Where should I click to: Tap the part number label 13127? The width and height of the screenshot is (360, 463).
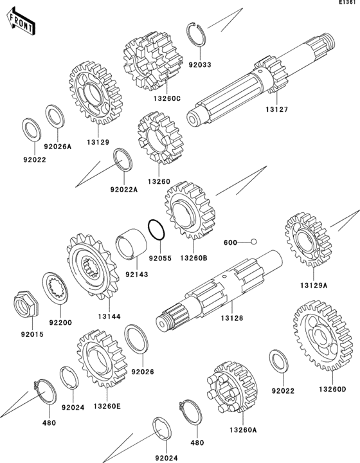point(276,109)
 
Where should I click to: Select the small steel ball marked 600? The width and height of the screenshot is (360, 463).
point(253,242)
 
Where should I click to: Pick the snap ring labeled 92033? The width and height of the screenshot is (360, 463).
point(196,34)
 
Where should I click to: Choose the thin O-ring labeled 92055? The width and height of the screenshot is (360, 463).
point(156,230)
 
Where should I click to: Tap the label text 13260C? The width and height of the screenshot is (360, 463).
point(166,98)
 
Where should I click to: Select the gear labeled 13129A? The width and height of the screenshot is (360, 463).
point(307,239)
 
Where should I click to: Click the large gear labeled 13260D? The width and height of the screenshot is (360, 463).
point(323,336)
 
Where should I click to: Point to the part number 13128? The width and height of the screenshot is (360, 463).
point(232,318)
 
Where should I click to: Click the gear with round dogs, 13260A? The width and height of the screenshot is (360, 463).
point(232,387)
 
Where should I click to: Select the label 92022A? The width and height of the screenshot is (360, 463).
point(124,189)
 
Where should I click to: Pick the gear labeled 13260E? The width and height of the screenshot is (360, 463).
point(102,359)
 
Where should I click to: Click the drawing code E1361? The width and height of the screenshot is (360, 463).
point(349,3)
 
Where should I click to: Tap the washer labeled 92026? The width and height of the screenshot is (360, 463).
point(136,339)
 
